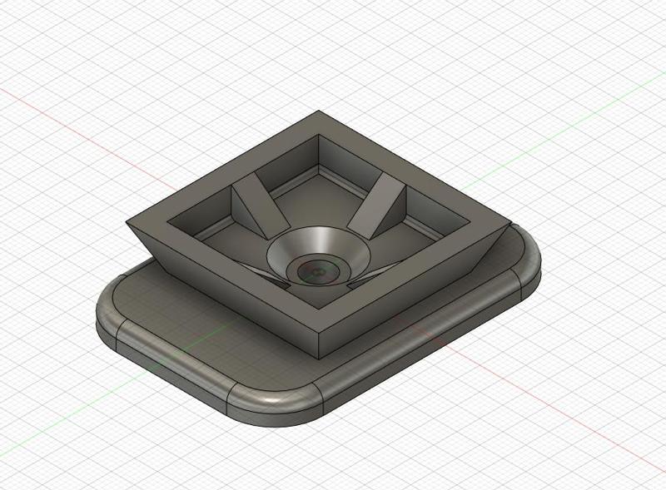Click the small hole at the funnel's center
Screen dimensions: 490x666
click(x=316, y=270)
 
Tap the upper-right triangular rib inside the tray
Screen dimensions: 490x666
click(x=375, y=205)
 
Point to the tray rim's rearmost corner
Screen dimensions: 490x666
click(x=319, y=112)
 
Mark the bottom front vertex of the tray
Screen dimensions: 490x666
click(x=319, y=356)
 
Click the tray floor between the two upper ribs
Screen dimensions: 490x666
click(x=316, y=200)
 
